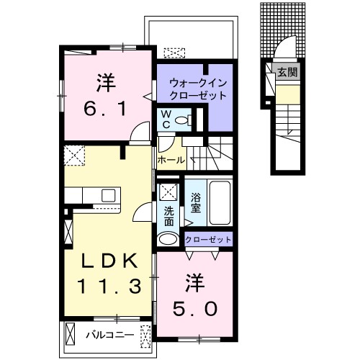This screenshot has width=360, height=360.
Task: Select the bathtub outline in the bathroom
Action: tap(217, 202)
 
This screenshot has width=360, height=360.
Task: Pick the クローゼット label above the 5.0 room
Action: tap(209, 239)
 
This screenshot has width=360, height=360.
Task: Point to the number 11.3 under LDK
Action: tap(109, 285)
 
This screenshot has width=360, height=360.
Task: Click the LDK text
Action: tap(108, 260)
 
